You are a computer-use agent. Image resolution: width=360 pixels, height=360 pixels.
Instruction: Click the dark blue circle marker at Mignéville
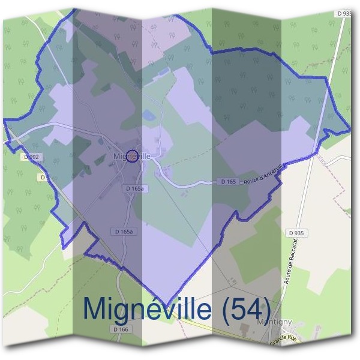(133, 155)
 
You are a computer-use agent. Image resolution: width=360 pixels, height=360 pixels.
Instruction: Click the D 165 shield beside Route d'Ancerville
(228, 181)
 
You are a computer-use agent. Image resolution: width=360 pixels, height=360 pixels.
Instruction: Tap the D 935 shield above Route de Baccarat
(295, 233)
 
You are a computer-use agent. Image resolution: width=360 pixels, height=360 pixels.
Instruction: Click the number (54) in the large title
(242, 308)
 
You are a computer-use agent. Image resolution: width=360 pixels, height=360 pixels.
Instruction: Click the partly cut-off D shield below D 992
(43, 177)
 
